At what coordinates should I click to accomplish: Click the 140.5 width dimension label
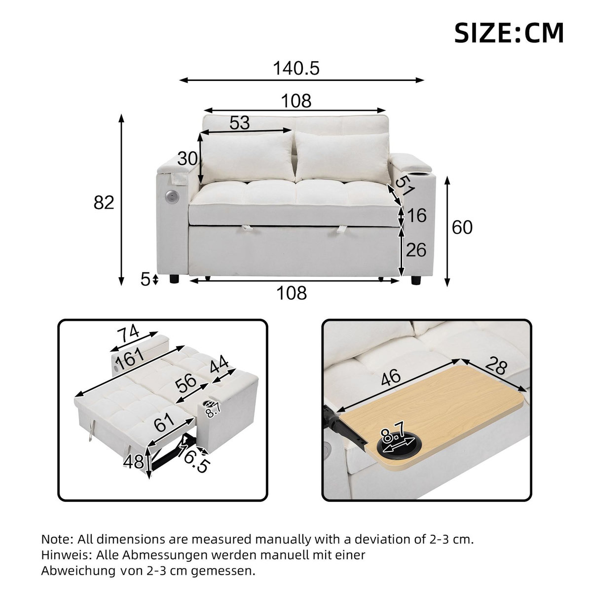pyautogui.click(x=296, y=69)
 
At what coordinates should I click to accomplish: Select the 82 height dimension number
pyautogui.click(x=104, y=202)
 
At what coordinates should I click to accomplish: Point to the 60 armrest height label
pyautogui.click(x=462, y=227)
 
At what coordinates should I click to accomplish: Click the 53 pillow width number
pyautogui.click(x=240, y=122)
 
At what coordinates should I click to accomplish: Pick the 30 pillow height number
pyautogui.click(x=187, y=159)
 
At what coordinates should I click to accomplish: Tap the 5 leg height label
pyautogui.click(x=145, y=280)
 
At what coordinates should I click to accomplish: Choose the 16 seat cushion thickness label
pyautogui.click(x=416, y=216)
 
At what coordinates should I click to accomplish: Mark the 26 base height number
pyautogui.click(x=415, y=250)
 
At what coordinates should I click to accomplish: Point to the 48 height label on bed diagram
pyautogui.click(x=133, y=462)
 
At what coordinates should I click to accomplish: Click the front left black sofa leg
pyautogui.click(x=174, y=279)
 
